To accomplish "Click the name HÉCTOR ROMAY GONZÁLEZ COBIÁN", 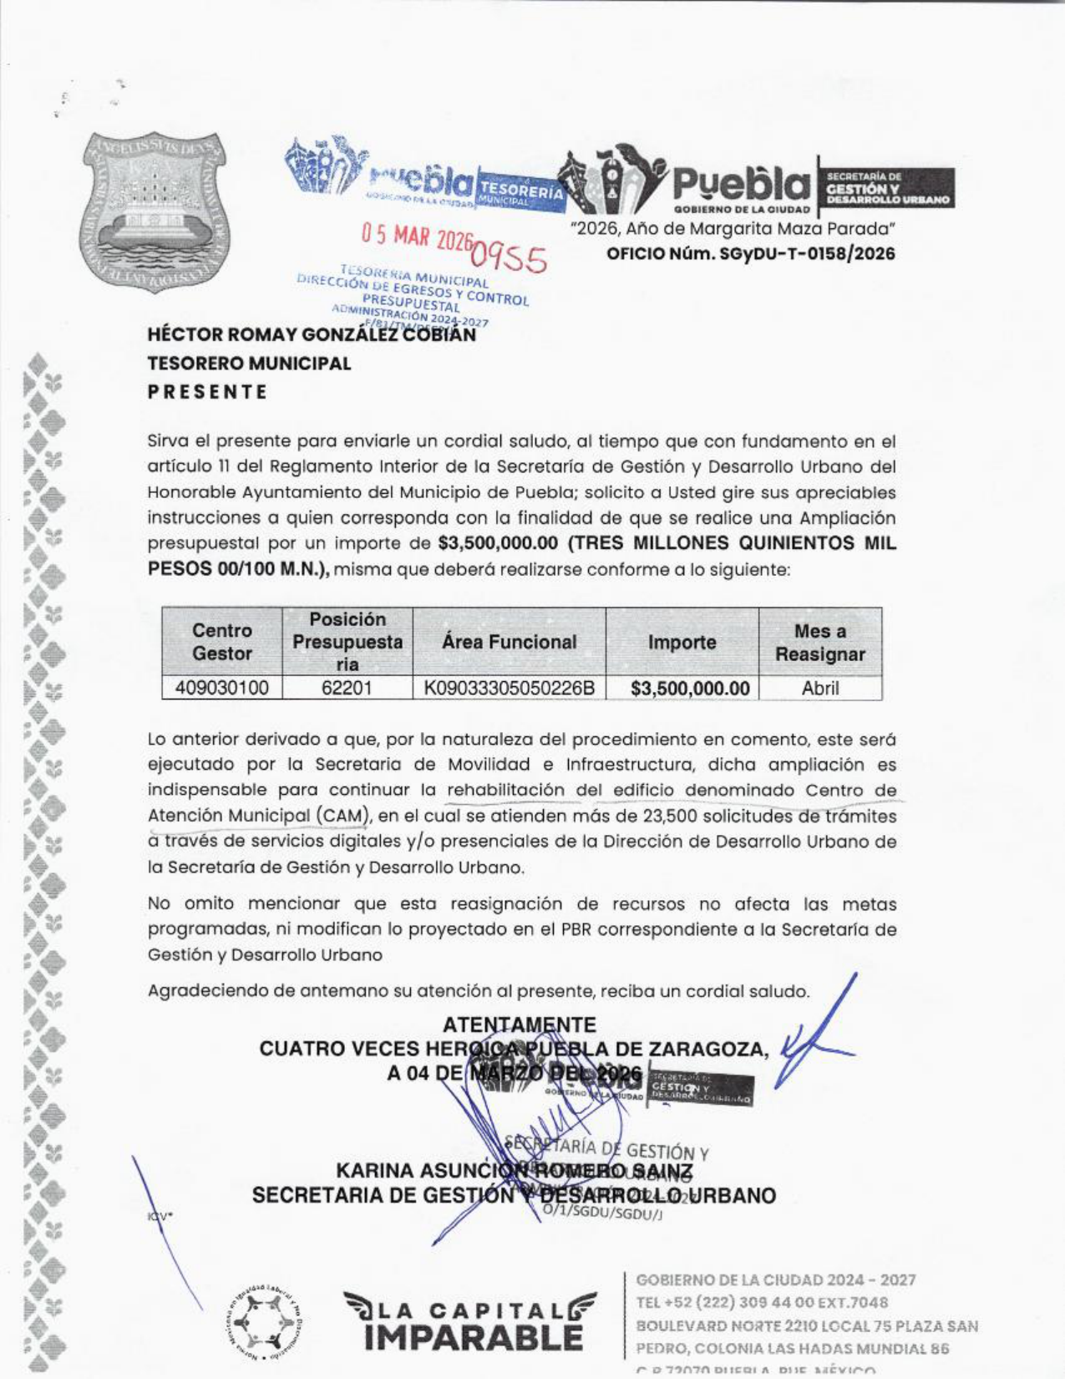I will [312, 335].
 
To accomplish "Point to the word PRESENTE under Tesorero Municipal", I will [208, 392].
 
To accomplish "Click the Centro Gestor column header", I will [221, 642].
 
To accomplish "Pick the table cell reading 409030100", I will [221, 689].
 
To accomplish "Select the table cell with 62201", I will [347, 689].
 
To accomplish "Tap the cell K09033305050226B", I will [509, 689].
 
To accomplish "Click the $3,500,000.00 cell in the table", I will [690, 689].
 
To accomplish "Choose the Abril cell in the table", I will [819, 689].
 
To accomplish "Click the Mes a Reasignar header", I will [819, 642].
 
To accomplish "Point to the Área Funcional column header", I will [509, 642].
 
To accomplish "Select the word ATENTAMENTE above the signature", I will [519, 1025].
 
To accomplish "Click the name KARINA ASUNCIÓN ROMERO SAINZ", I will [514, 1171].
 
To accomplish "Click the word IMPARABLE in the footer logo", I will [474, 1337].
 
